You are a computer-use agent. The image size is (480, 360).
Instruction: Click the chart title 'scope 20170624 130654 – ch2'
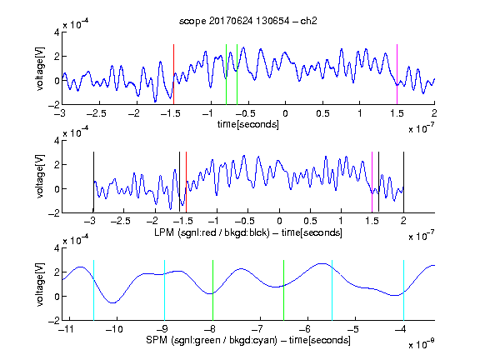[248, 21]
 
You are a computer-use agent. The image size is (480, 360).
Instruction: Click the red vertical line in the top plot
[173, 74]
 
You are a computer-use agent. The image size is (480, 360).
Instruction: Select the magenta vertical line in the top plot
[397, 74]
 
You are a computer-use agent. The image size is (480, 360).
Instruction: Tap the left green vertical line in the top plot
[226, 74]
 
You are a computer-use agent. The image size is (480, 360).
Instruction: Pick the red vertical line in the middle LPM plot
[186, 182]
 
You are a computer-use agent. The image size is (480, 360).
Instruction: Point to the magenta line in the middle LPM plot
[372, 182]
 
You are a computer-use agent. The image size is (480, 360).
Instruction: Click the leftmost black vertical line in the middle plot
[93, 182]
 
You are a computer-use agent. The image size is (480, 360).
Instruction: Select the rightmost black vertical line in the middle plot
[403, 182]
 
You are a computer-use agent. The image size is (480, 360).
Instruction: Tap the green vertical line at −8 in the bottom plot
[212, 290]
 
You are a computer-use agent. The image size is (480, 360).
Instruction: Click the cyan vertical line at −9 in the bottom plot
[165, 290]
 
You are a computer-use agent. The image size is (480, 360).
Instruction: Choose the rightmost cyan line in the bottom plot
[404, 290]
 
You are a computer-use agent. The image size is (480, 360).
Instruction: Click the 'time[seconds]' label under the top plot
[248, 124]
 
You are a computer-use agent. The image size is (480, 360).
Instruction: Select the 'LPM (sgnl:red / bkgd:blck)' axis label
[212, 232]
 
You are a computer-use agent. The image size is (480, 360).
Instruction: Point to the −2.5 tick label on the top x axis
[96, 113]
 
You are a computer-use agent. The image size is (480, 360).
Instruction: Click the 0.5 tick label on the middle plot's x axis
[310, 221]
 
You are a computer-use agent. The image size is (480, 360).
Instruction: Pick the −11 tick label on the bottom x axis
[66, 329]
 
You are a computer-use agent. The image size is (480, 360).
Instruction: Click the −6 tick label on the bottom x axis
[305, 329]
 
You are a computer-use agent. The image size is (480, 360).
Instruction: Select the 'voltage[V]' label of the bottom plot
[40, 284]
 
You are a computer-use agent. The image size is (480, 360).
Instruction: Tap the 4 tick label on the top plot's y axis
[57, 32]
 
